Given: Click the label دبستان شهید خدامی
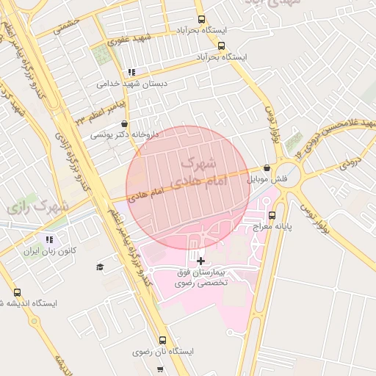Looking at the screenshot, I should (x=132, y=84).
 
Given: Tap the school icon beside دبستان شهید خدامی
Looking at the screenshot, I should (x=131, y=72).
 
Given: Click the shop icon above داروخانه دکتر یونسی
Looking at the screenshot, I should (x=123, y=123).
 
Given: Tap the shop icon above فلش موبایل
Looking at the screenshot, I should (x=267, y=168).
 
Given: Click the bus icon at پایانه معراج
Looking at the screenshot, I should (x=272, y=216).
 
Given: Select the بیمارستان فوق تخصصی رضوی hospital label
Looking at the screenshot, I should (x=201, y=277).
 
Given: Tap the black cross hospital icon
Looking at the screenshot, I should (x=201, y=260).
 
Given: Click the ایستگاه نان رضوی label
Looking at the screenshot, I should (x=163, y=352).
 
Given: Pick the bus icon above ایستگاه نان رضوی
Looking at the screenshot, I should (x=162, y=341).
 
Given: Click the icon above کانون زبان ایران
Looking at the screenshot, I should (x=49, y=239).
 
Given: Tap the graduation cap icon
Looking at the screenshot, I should (x=101, y=267).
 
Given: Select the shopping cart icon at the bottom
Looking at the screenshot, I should (x=160, y=369).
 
